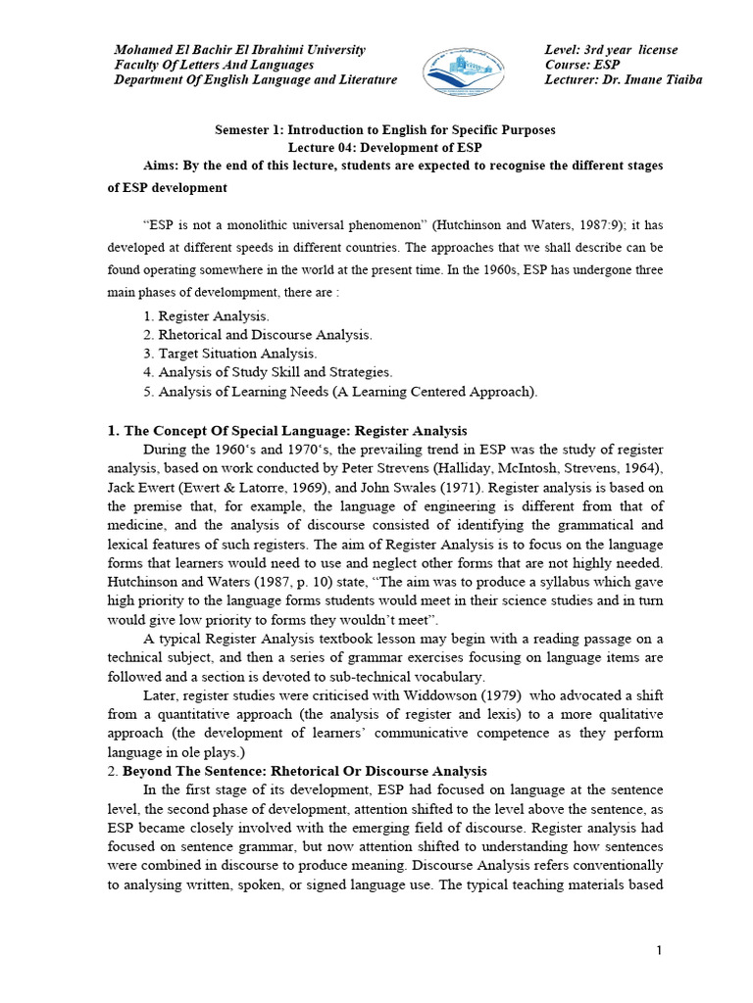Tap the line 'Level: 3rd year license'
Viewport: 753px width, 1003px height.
click(x=611, y=50)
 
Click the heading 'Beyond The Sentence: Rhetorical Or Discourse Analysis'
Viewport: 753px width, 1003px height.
click(x=305, y=771)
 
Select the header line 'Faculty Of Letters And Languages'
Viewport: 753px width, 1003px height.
click(x=214, y=65)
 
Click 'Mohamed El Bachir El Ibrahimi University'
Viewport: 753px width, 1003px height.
click(x=239, y=50)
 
